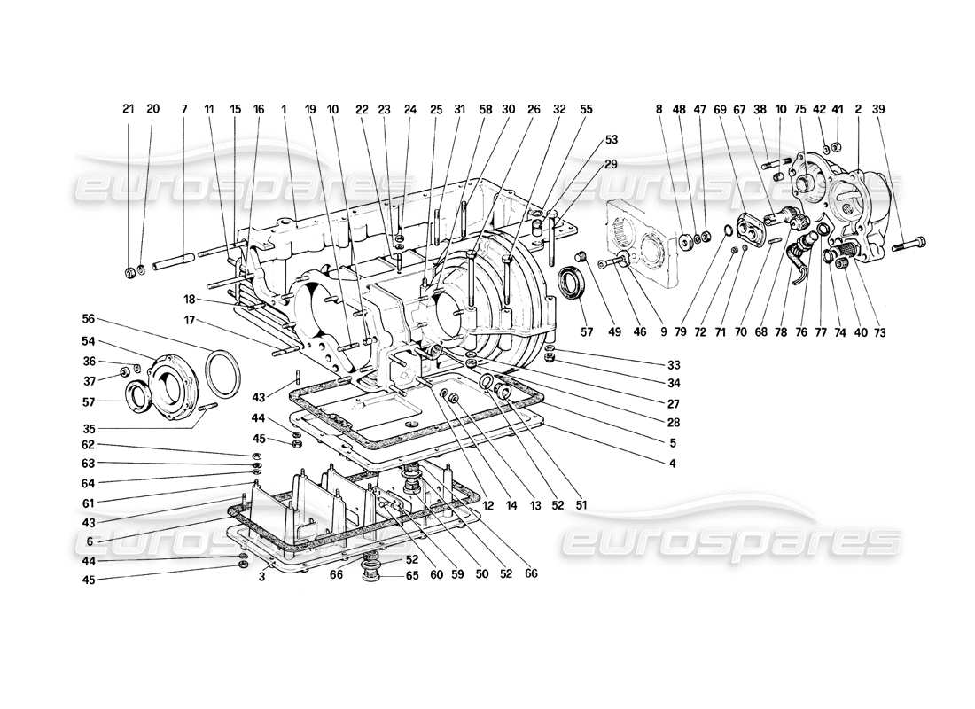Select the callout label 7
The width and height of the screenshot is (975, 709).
tap(183, 109)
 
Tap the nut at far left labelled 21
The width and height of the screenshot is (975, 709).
tap(129, 269)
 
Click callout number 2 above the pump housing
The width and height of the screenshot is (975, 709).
tap(858, 109)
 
